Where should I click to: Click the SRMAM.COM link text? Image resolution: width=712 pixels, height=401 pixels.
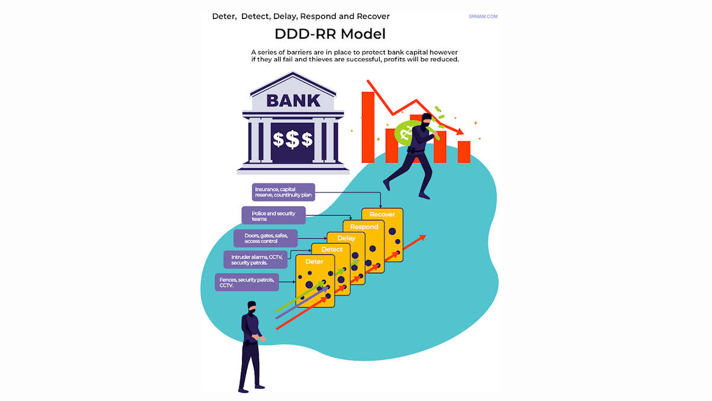click(483, 17)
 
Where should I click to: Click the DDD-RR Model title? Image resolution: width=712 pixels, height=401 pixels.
click(330, 34)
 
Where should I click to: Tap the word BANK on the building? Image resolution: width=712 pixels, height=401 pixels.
click(293, 100)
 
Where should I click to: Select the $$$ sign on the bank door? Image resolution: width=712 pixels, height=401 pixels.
click(293, 140)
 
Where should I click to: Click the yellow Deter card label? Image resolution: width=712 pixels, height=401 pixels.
click(314, 261)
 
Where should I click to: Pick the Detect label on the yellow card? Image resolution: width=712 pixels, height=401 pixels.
click(332, 250)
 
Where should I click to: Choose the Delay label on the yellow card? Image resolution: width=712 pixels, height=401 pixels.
click(346, 238)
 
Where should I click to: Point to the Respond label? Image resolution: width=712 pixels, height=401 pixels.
click(364, 227)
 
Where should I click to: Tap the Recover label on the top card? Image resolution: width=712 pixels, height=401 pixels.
click(382, 214)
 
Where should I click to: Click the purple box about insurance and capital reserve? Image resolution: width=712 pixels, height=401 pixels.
click(284, 192)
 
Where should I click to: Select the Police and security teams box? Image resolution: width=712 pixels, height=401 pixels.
click(274, 216)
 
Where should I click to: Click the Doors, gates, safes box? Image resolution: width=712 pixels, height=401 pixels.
click(266, 238)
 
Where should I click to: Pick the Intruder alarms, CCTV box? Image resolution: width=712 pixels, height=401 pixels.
click(256, 260)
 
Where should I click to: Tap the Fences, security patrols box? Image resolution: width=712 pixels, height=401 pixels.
click(247, 282)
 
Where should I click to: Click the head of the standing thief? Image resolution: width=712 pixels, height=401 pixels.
click(252, 307)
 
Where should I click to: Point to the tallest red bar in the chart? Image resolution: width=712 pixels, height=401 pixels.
click(368, 127)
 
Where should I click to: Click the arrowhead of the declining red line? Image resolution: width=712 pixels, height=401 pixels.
click(460, 131)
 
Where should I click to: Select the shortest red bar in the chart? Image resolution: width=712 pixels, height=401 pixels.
click(464, 152)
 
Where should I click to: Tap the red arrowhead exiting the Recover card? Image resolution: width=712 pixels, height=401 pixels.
click(422, 237)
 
